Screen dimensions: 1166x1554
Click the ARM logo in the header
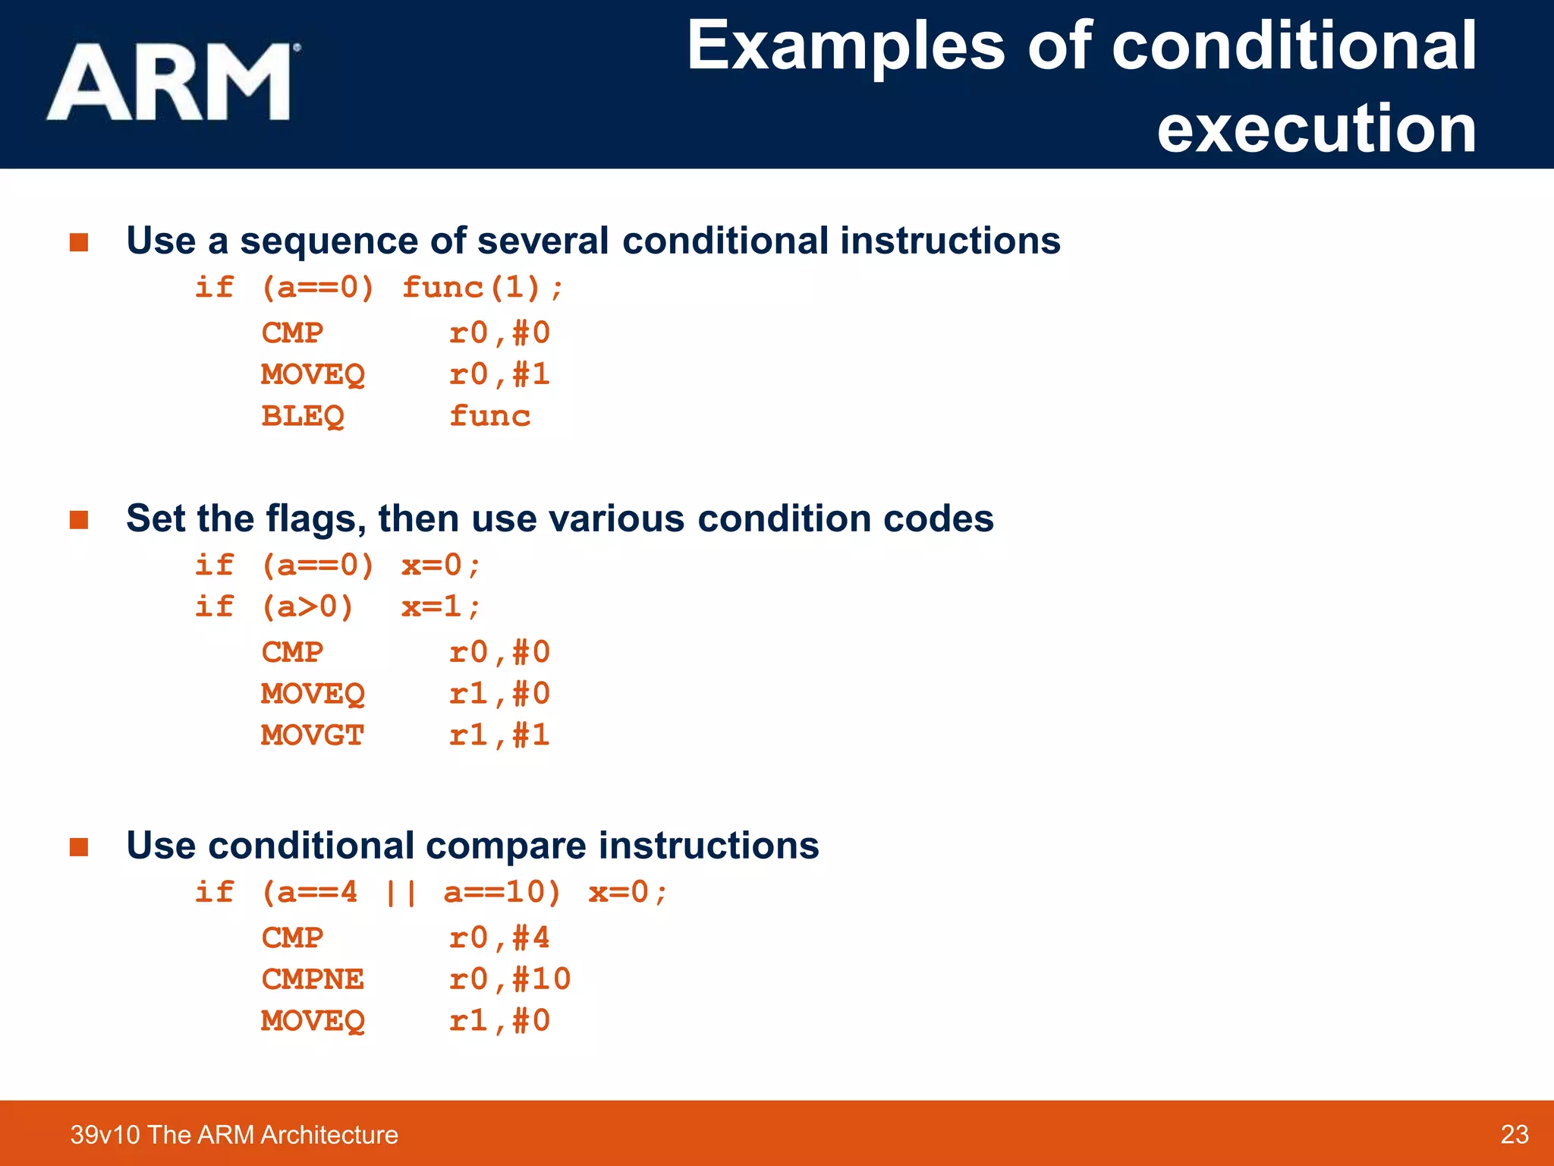pyautogui.click(x=173, y=82)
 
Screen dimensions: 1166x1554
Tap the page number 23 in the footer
pyautogui.click(x=1514, y=1134)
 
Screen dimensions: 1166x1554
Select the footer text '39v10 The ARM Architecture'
pyautogui.click(x=234, y=1134)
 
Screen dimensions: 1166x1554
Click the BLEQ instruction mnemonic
pyautogui.click(x=303, y=416)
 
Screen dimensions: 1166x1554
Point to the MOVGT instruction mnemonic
pyautogui.click(x=313, y=735)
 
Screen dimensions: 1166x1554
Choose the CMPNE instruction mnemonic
pyautogui.click(x=313, y=978)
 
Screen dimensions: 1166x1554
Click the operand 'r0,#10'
pyautogui.click(x=510, y=978)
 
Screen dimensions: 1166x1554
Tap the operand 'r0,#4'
pyautogui.click(x=499, y=938)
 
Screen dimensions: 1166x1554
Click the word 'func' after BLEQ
pyautogui.click(x=489, y=416)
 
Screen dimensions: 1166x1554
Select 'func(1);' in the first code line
pyautogui.click(x=483, y=288)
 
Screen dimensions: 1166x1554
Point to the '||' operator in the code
pyautogui.click(x=400, y=893)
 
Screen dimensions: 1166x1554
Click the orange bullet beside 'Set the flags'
pyautogui.click(x=79, y=520)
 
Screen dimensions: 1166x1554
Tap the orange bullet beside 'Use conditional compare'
pyautogui.click(x=79, y=846)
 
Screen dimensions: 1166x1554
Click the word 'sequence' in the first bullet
pyautogui.click(x=329, y=241)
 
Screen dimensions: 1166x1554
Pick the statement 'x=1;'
pyautogui.click(x=441, y=607)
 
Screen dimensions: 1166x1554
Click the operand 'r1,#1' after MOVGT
pyautogui.click(x=499, y=735)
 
